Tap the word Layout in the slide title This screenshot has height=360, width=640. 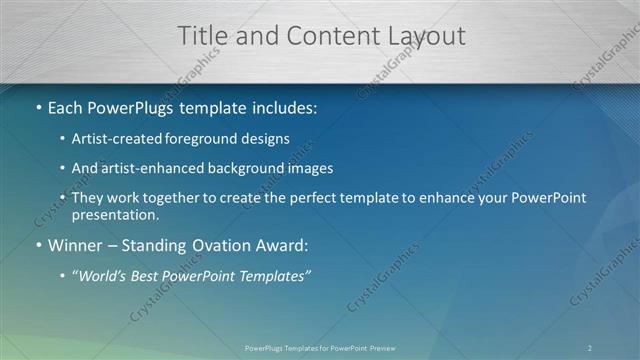tap(424, 36)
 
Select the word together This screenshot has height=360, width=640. tap(178, 198)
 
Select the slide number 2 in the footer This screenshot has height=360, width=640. tap(590, 347)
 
